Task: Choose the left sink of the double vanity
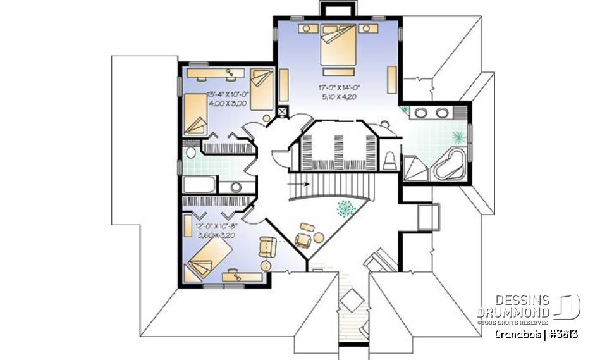click(x=420, y=113)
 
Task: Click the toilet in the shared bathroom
click(x=190, y=154)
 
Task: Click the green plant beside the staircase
click(x=345, y=209)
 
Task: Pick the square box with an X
click(x=282, y=112)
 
